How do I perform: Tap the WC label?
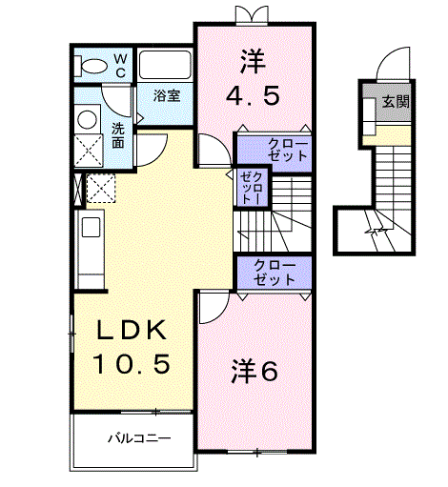coord(120,66)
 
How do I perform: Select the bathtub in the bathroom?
coord(165,65)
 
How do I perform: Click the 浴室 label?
coord(167,95)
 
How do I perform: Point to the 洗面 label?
coord(118,135)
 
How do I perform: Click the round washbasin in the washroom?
coord(88,120)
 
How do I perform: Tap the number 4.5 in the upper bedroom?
coord(253,96)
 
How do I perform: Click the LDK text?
coord(132,331)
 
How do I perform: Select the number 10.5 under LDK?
coord(132,364)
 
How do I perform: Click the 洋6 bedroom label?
coord(255,371)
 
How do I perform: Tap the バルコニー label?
coord(139,438)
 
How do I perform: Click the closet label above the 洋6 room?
coord(275,273)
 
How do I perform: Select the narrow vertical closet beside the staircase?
coord(252,188)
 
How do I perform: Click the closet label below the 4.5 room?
coord(288,150)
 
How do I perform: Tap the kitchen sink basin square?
coord(92,228)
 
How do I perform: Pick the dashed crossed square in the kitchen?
coord(101,188)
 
